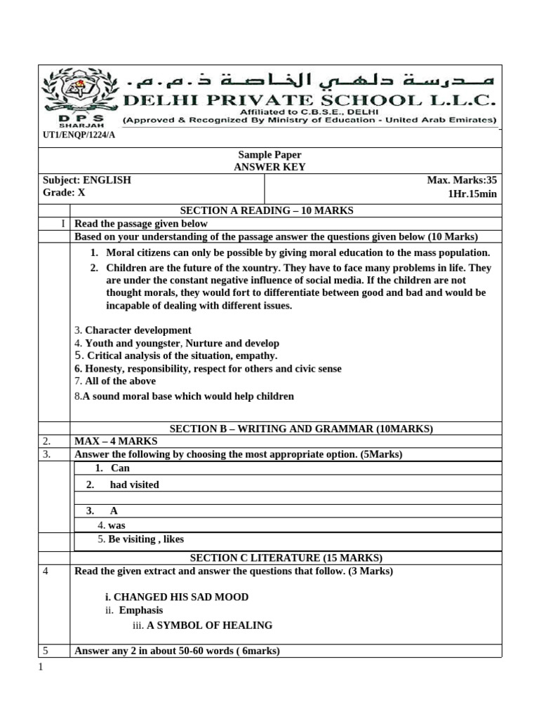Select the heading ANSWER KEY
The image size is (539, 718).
[269, 167]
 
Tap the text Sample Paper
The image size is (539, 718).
[269, 154]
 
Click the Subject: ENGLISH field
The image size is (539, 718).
[87, 180]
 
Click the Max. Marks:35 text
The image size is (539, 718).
[462, 180]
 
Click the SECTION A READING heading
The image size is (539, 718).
[267, 210]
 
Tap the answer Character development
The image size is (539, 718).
[138, 330]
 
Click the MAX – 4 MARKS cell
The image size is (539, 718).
[117, 441]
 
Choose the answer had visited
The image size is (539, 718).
[134, 485]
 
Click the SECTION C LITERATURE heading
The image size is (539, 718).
[286, 558]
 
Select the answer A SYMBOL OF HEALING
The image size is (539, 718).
[209, 625]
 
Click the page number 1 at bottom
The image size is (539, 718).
[41, 667]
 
